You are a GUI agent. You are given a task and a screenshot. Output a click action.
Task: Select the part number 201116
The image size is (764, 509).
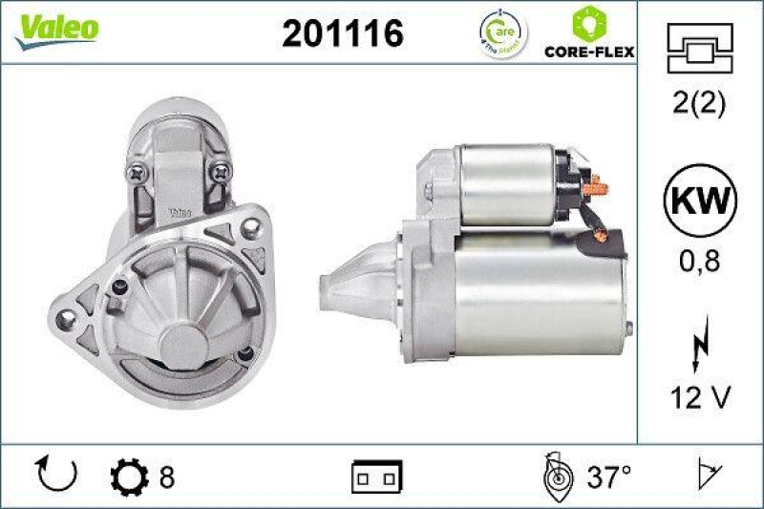tap(343, 33)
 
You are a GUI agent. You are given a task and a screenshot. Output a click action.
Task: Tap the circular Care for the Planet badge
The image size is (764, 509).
tap(502, 34)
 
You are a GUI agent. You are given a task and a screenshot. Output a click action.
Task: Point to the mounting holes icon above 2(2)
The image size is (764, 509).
tap(701, 51)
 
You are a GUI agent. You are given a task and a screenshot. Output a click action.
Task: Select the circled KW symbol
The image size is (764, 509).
tap(701, 201)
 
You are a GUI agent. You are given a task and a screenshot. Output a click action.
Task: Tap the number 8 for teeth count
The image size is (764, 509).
tap(168, 474)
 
